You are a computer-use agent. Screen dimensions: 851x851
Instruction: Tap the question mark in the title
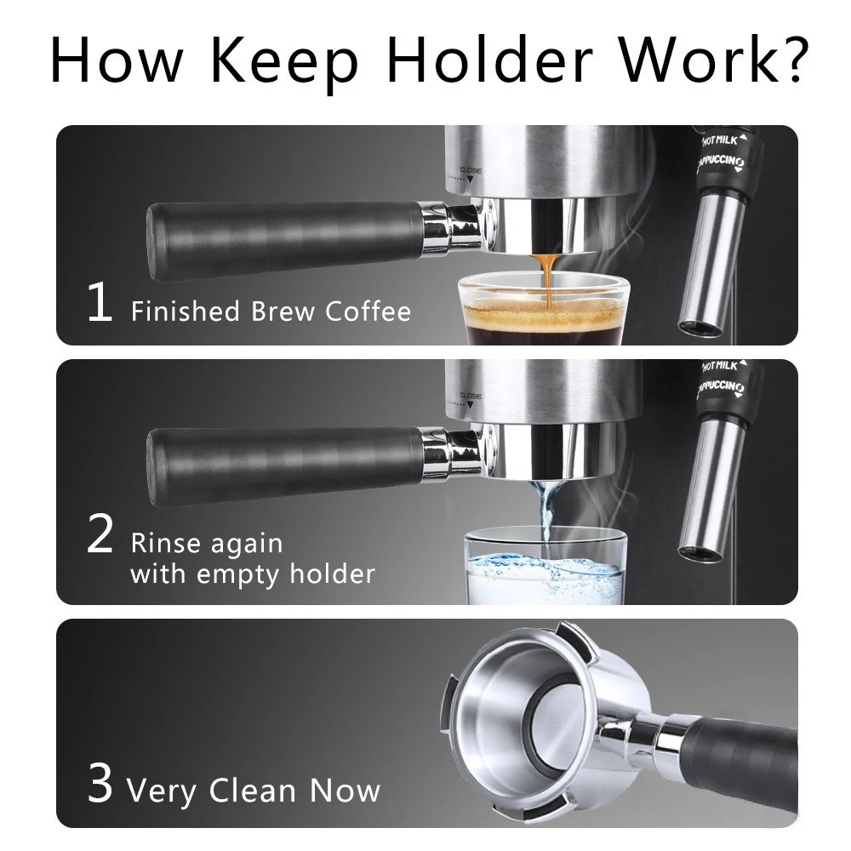point(791,59)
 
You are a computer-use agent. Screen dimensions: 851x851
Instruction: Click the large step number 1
point(100,302)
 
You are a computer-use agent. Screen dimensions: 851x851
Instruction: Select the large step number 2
point(100,534)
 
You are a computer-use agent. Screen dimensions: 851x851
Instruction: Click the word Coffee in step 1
point(368,311)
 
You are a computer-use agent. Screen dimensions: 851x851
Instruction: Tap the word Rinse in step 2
point(166,543)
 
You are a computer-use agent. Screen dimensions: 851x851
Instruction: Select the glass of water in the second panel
point(545,568)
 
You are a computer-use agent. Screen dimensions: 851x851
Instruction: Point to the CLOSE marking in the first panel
point(471,170)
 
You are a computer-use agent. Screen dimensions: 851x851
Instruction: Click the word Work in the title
point(694,59)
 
